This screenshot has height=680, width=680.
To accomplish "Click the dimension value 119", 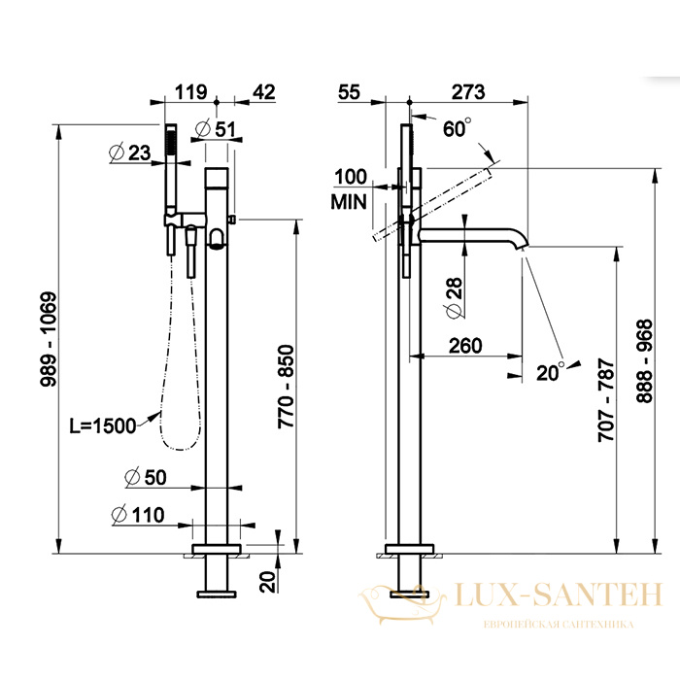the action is [190, 92].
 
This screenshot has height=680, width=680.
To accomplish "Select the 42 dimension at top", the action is [264, 92].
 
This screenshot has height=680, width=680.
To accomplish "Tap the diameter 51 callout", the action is [216, 129].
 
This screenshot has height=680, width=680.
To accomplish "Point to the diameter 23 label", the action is [129, 153].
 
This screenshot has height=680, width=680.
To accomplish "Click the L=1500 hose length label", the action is [103, 426].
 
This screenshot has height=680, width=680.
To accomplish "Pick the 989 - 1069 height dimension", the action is [49, 339].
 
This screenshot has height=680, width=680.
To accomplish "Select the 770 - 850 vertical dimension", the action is [286, 387].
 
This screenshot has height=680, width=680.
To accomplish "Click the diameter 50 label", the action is [146, 478].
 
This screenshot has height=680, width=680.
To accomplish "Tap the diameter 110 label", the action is [138, 515].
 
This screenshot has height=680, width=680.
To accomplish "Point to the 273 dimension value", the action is [468, 92].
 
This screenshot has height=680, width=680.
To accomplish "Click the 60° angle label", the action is [458, 128].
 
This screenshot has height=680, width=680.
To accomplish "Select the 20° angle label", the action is [551, 372].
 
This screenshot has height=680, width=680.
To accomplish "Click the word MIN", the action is [349, 202].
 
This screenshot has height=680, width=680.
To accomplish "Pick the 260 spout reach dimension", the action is [465, 346].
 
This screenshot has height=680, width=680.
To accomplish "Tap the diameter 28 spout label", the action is [454, 299].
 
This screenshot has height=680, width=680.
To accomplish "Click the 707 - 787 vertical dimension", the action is [606, 400].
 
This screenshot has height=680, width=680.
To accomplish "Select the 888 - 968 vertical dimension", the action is [644, 361].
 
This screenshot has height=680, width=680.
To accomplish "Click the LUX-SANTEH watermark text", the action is [559, 595].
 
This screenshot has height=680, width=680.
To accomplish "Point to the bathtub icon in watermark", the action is [402, 604].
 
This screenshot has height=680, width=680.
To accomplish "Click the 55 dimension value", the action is [349, 92].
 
